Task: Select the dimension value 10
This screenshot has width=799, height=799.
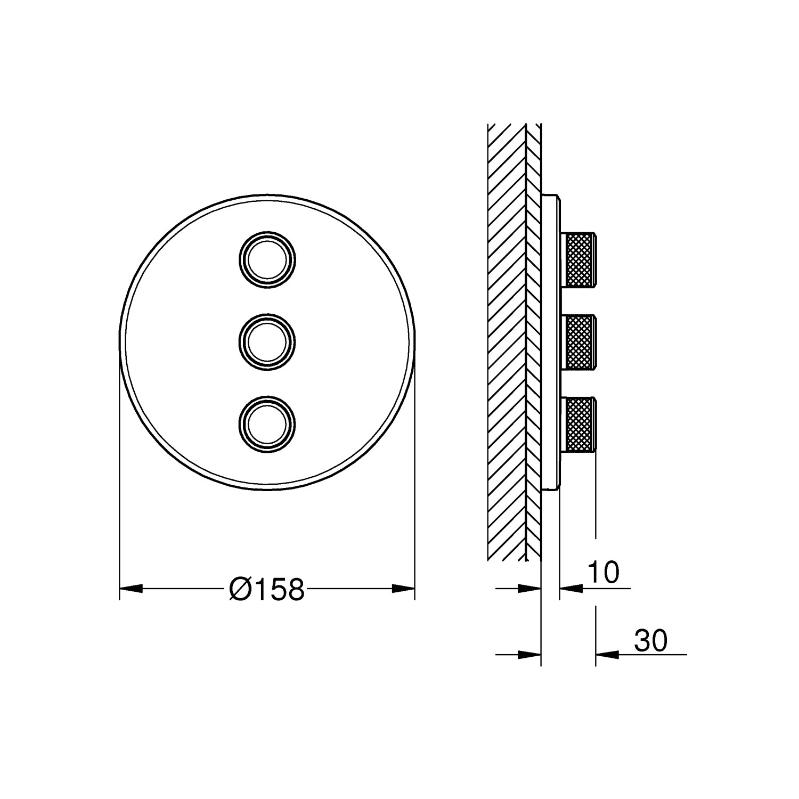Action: click(604, 573)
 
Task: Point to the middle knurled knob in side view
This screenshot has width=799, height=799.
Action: click(580, 341)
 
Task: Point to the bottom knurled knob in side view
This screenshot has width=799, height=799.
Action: click(580, 423)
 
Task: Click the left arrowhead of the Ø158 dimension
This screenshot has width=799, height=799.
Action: click(131, 589)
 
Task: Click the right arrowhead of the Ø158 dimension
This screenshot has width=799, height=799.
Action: click(403, 589)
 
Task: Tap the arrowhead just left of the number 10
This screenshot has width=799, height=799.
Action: click(570, 589)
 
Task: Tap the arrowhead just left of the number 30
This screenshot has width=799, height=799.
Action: click(607, 654)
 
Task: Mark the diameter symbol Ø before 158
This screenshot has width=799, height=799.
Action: click(239, 589)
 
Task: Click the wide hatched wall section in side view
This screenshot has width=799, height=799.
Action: click(506, 341)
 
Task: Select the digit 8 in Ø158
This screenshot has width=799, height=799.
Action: click(295, 589)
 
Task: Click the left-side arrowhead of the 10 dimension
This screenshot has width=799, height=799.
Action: click(529, 589)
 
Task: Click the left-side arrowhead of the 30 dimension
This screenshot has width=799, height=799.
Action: click(529, 654)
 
